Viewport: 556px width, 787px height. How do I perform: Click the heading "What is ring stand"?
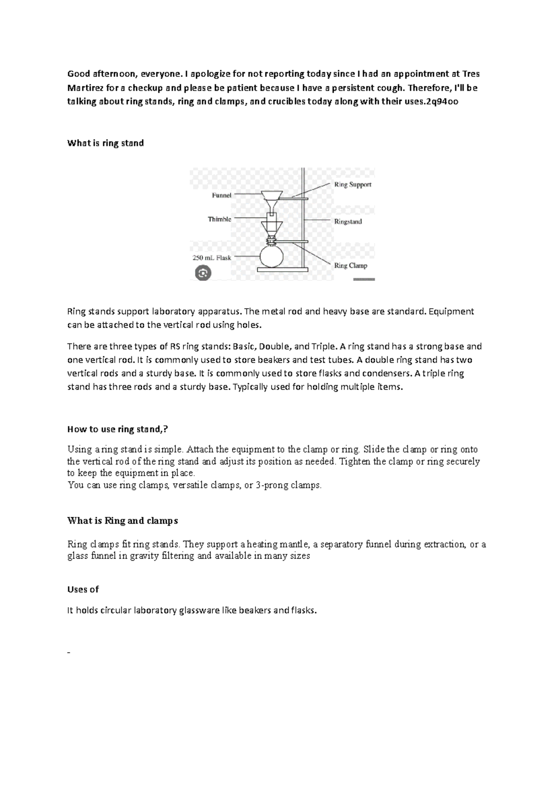106,143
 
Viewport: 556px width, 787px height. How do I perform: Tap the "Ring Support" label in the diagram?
353,184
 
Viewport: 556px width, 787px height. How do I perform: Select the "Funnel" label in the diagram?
221,196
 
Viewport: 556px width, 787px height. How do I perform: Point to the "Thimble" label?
219,219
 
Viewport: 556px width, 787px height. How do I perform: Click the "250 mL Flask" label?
211,258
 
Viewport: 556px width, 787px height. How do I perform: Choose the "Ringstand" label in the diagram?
348,222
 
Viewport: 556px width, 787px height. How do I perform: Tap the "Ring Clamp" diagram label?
351,266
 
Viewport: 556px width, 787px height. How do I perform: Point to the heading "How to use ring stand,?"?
118,429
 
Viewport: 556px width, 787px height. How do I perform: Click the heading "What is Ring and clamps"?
123,520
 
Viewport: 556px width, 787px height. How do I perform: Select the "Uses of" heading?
83,590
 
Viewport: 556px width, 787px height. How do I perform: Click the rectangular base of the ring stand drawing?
283,269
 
